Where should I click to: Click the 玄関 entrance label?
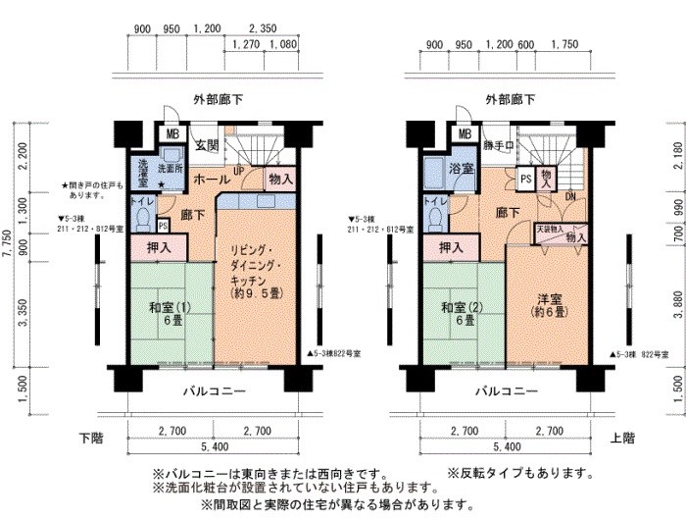coord(206,146)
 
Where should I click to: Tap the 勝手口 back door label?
coord(499,146)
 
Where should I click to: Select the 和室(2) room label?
coord(459,313)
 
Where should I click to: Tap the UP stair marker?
coord(238,170)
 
